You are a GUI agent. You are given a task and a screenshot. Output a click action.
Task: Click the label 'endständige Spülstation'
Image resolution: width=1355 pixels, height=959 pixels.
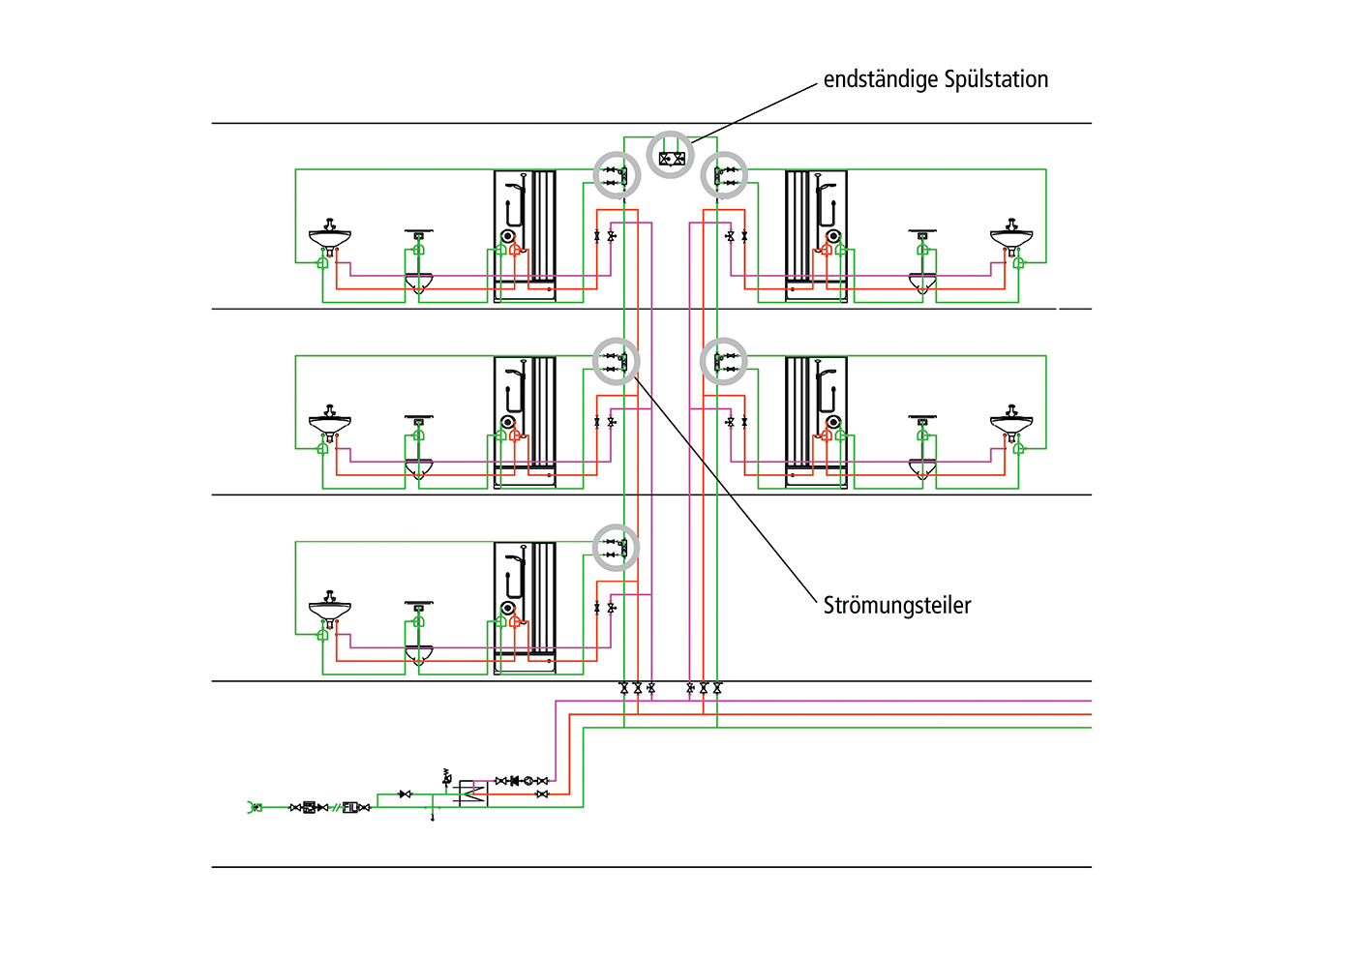click(935, 79)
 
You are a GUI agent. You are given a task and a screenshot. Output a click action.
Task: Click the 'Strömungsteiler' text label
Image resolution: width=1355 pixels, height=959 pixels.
click(896, 605)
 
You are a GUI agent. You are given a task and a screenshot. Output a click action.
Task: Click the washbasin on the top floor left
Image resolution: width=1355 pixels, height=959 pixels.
click(330, 236)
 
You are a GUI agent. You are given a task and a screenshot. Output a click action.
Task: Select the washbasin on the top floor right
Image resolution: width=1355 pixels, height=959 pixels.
click(1011, 236)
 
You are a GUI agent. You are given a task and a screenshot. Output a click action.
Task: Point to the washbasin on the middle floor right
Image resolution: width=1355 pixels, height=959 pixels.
click(1011, 423)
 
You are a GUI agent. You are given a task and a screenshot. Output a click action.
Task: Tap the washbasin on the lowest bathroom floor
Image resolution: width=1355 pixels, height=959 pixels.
click(330, 609)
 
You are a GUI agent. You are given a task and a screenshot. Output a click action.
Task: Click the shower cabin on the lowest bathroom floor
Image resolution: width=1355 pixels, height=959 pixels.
click(525, 608)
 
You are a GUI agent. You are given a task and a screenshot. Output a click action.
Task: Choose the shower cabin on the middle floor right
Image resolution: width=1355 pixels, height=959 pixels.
click(816, 422)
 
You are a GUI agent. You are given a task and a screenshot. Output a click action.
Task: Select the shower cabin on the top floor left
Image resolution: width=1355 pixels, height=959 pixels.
click(525, 236)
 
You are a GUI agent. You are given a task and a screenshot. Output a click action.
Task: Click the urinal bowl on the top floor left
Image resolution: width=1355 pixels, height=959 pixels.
click(418, 283)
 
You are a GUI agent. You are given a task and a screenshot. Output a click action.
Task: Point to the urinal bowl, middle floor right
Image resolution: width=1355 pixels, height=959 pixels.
click(922, 469)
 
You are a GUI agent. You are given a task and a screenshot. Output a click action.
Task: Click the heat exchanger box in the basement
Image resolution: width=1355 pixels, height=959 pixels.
click(473, 794)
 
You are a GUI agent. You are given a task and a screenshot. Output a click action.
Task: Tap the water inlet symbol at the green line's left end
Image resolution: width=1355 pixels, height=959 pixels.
click(255, 807)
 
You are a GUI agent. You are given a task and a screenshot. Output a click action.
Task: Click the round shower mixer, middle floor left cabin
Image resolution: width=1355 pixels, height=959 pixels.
click(508, 422)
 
